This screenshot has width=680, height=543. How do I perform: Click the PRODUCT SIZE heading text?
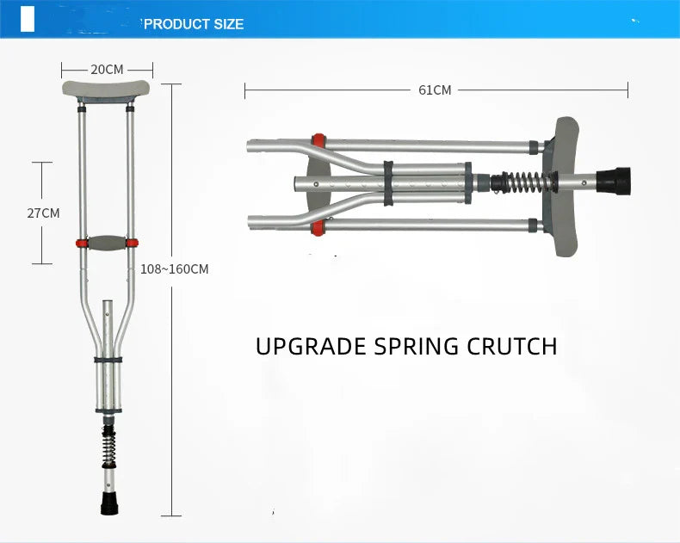[x=194, y=24]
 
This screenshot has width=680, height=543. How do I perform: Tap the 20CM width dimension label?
[x=107, y=70]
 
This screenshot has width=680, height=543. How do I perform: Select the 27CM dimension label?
[x=43, y=213]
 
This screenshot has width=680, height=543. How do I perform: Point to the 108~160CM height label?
[x=175, y=268]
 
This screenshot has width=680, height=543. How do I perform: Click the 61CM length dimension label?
[x=436, y=89]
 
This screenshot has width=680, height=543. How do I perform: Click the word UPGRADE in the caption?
[x=312, y=346]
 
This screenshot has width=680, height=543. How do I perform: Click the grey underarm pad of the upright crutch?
[x=107, y=89]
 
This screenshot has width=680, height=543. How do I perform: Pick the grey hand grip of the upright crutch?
[x=107, y=244]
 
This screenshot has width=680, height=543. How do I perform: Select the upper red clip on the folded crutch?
[x=318, y=140]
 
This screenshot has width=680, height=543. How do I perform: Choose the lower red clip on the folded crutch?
[x=318, y=228]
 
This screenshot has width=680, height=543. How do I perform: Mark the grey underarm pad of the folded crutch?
[x=565, y=185]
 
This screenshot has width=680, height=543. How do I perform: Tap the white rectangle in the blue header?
[x=28, y=19]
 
